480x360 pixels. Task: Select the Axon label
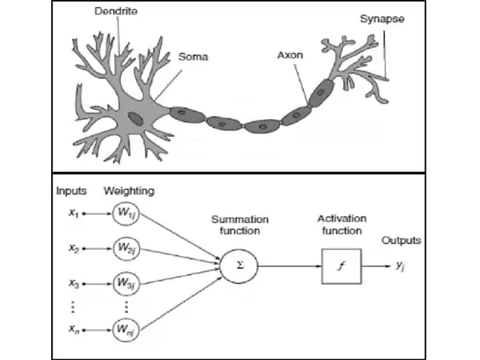click(x=290, y=58)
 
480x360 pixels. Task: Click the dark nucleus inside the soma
click(x=137, y=118)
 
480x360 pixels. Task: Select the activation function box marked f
click(x=339, y=266)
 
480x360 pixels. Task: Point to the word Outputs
click(x=401, y=240)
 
